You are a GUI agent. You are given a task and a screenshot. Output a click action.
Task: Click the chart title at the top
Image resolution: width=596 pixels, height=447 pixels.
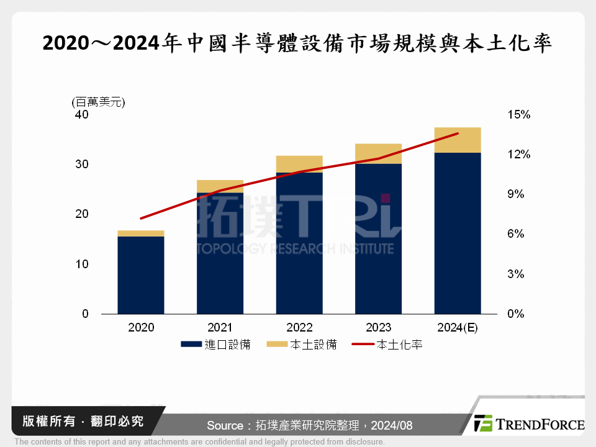pyautogui.click(x=297, y=43)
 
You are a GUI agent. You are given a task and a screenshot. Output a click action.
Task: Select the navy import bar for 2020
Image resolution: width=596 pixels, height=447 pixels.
pyautogui.click(x=141, y=274)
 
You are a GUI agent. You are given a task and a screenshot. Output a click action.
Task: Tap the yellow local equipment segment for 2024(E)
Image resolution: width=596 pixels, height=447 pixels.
pyautogui.click(x=458, y=140)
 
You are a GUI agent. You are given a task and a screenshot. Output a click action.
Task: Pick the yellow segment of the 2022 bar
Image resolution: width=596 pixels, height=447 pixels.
pyautogui.click(x=299, y=164)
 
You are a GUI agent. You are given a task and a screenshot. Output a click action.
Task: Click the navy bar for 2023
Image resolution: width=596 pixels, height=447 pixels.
pyautogui.click(x=378, y=238)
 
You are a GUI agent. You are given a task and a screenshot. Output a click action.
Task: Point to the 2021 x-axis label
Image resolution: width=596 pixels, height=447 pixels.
pyautogui.click(x=220, y=328)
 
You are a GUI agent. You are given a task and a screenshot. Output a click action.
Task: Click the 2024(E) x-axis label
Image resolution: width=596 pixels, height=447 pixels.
pyautogui.click(x=458, y=328)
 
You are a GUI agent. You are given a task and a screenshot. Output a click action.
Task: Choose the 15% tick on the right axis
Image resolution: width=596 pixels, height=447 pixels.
pyautogui.click(x=518, y=115)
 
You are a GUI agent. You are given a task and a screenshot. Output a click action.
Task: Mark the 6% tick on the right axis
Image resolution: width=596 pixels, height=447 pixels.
pyautogui.click(x=516, y=234)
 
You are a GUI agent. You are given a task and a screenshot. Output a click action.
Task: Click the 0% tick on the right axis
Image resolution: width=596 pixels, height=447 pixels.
pyautogui.click(x=516, y=314)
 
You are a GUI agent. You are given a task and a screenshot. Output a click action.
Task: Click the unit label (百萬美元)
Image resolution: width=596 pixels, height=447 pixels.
pyautogui.click(x=99, y=102)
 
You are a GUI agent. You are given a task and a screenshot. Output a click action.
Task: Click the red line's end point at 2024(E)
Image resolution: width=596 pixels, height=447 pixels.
pyautogui.click(x=458, y=133)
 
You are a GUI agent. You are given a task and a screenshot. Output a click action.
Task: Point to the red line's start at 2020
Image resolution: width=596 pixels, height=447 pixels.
pyautogui.click(x=141, y=219)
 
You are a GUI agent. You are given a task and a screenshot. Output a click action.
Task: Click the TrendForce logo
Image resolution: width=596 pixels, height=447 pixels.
pyautogui.click(x=529, y=424)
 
